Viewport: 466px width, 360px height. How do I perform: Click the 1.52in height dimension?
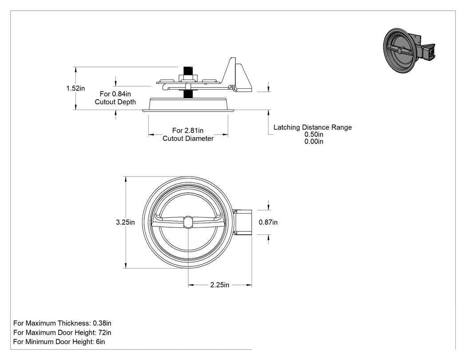(75, 88)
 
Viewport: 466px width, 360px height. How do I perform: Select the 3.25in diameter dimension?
(125, 222)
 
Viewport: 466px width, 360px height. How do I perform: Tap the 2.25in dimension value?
(220, 285)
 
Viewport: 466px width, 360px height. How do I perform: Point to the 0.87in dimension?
(268, 222)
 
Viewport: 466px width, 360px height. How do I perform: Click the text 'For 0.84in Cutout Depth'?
(115, 98)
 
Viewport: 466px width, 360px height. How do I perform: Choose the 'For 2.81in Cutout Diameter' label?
(188, 135)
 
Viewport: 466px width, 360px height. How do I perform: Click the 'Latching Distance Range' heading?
(312, 127)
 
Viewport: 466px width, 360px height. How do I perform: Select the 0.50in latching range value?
(314, 135)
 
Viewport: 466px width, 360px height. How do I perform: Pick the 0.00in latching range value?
(314, 142)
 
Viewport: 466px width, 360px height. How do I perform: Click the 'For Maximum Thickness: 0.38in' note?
(63, 323)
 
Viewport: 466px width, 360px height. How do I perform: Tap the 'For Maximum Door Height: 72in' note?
(62, 332)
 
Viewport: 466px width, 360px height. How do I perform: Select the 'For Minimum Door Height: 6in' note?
(59, 342)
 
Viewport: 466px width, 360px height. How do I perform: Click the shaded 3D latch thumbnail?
(409, 51)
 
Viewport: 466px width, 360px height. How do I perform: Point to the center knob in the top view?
(188, 222)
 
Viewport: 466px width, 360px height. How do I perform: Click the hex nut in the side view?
(188, 78)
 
